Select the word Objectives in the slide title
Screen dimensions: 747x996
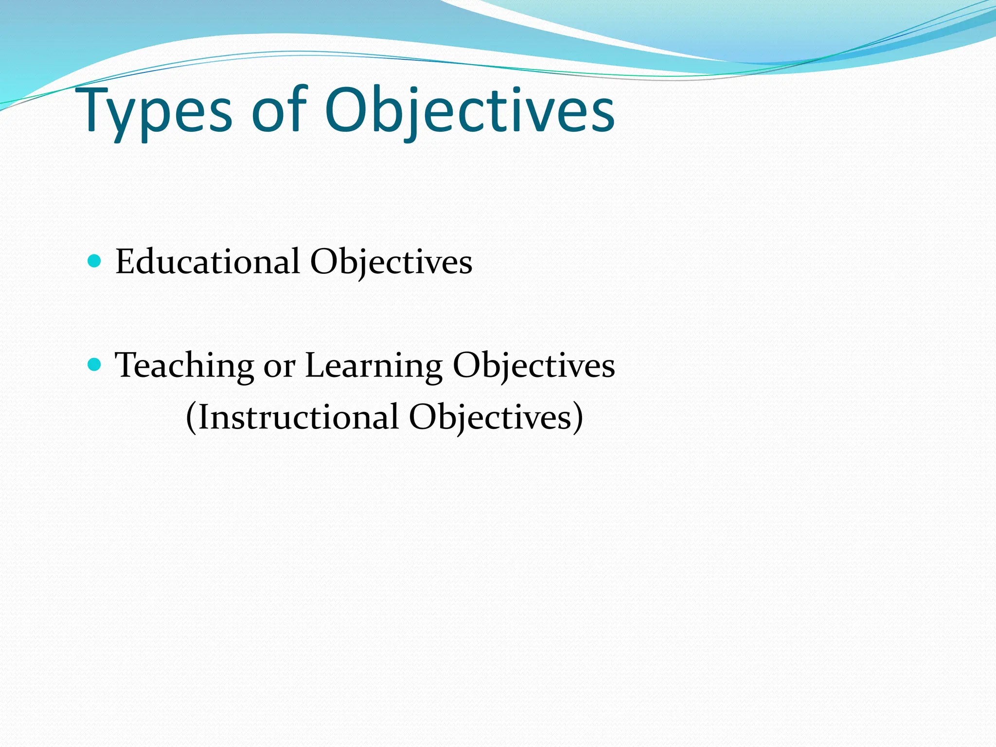[469, 112]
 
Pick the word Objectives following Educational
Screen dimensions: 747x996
[391, 263]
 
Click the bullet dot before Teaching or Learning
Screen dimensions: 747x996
[94, 364]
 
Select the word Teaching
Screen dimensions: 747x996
[184, 366]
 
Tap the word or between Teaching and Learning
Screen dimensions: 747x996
[279, 367]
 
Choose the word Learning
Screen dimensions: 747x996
[373, 366]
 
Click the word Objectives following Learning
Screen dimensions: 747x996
[534, 366]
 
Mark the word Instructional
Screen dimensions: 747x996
[299, 417]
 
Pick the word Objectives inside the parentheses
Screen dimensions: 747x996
[490, 417]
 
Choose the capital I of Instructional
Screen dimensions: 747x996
[203, 417]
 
